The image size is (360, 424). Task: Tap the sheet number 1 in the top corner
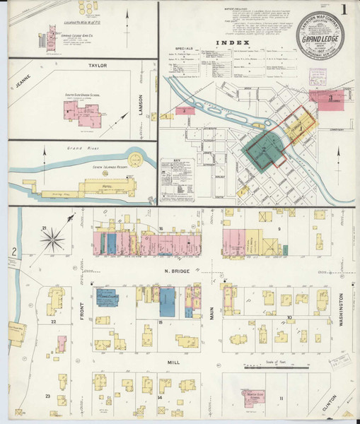pos(343,10)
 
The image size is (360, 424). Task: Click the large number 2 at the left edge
pos(14,251)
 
